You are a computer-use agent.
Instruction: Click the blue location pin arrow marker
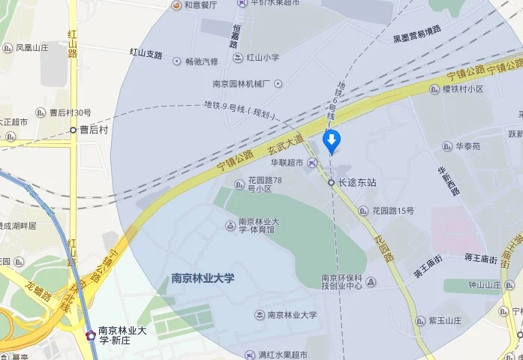tap(331, 139)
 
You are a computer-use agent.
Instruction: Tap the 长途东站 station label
tap(356, 182)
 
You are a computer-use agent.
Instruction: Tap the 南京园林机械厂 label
tap(242, 84)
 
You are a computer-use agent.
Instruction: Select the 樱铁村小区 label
tap(462, 88)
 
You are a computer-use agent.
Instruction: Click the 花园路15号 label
tap(392, 211)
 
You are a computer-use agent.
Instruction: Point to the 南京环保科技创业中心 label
tap(342, 281)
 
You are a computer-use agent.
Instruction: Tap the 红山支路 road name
tap(146, 54)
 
